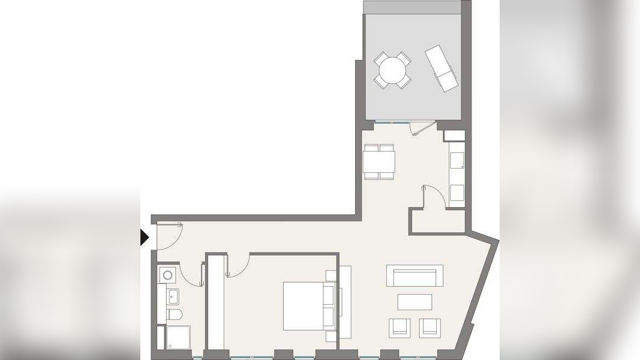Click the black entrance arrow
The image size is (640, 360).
pyautogui.click(x=144, y=238)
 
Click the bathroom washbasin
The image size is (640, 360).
pyautogui.click(x=173, y=296)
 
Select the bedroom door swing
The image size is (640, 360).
pyautogui.click(x=238, y=266)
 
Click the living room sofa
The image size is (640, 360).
pyautogui.click(x=414, y=276)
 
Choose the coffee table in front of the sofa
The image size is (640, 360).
pyautogui.click(x=414, y=302)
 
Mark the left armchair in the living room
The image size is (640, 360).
pyautogui.click(x=399, y=328)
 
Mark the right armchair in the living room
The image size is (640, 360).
pyautogui.click(x=429, y=328)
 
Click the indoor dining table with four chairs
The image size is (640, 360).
pyautogui.click(x=379, y=161)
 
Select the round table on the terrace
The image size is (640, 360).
pyautogui.click(x=393, y=71)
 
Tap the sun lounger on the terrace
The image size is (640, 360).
pyautogui.click(x=441, y=68)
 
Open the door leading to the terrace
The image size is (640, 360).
pyautogui.click(x=420, y=128)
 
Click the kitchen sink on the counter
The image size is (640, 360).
pyautogui.click(x=457, y=160)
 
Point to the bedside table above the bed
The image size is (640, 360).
pyautogui.click(x=331, y=276)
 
